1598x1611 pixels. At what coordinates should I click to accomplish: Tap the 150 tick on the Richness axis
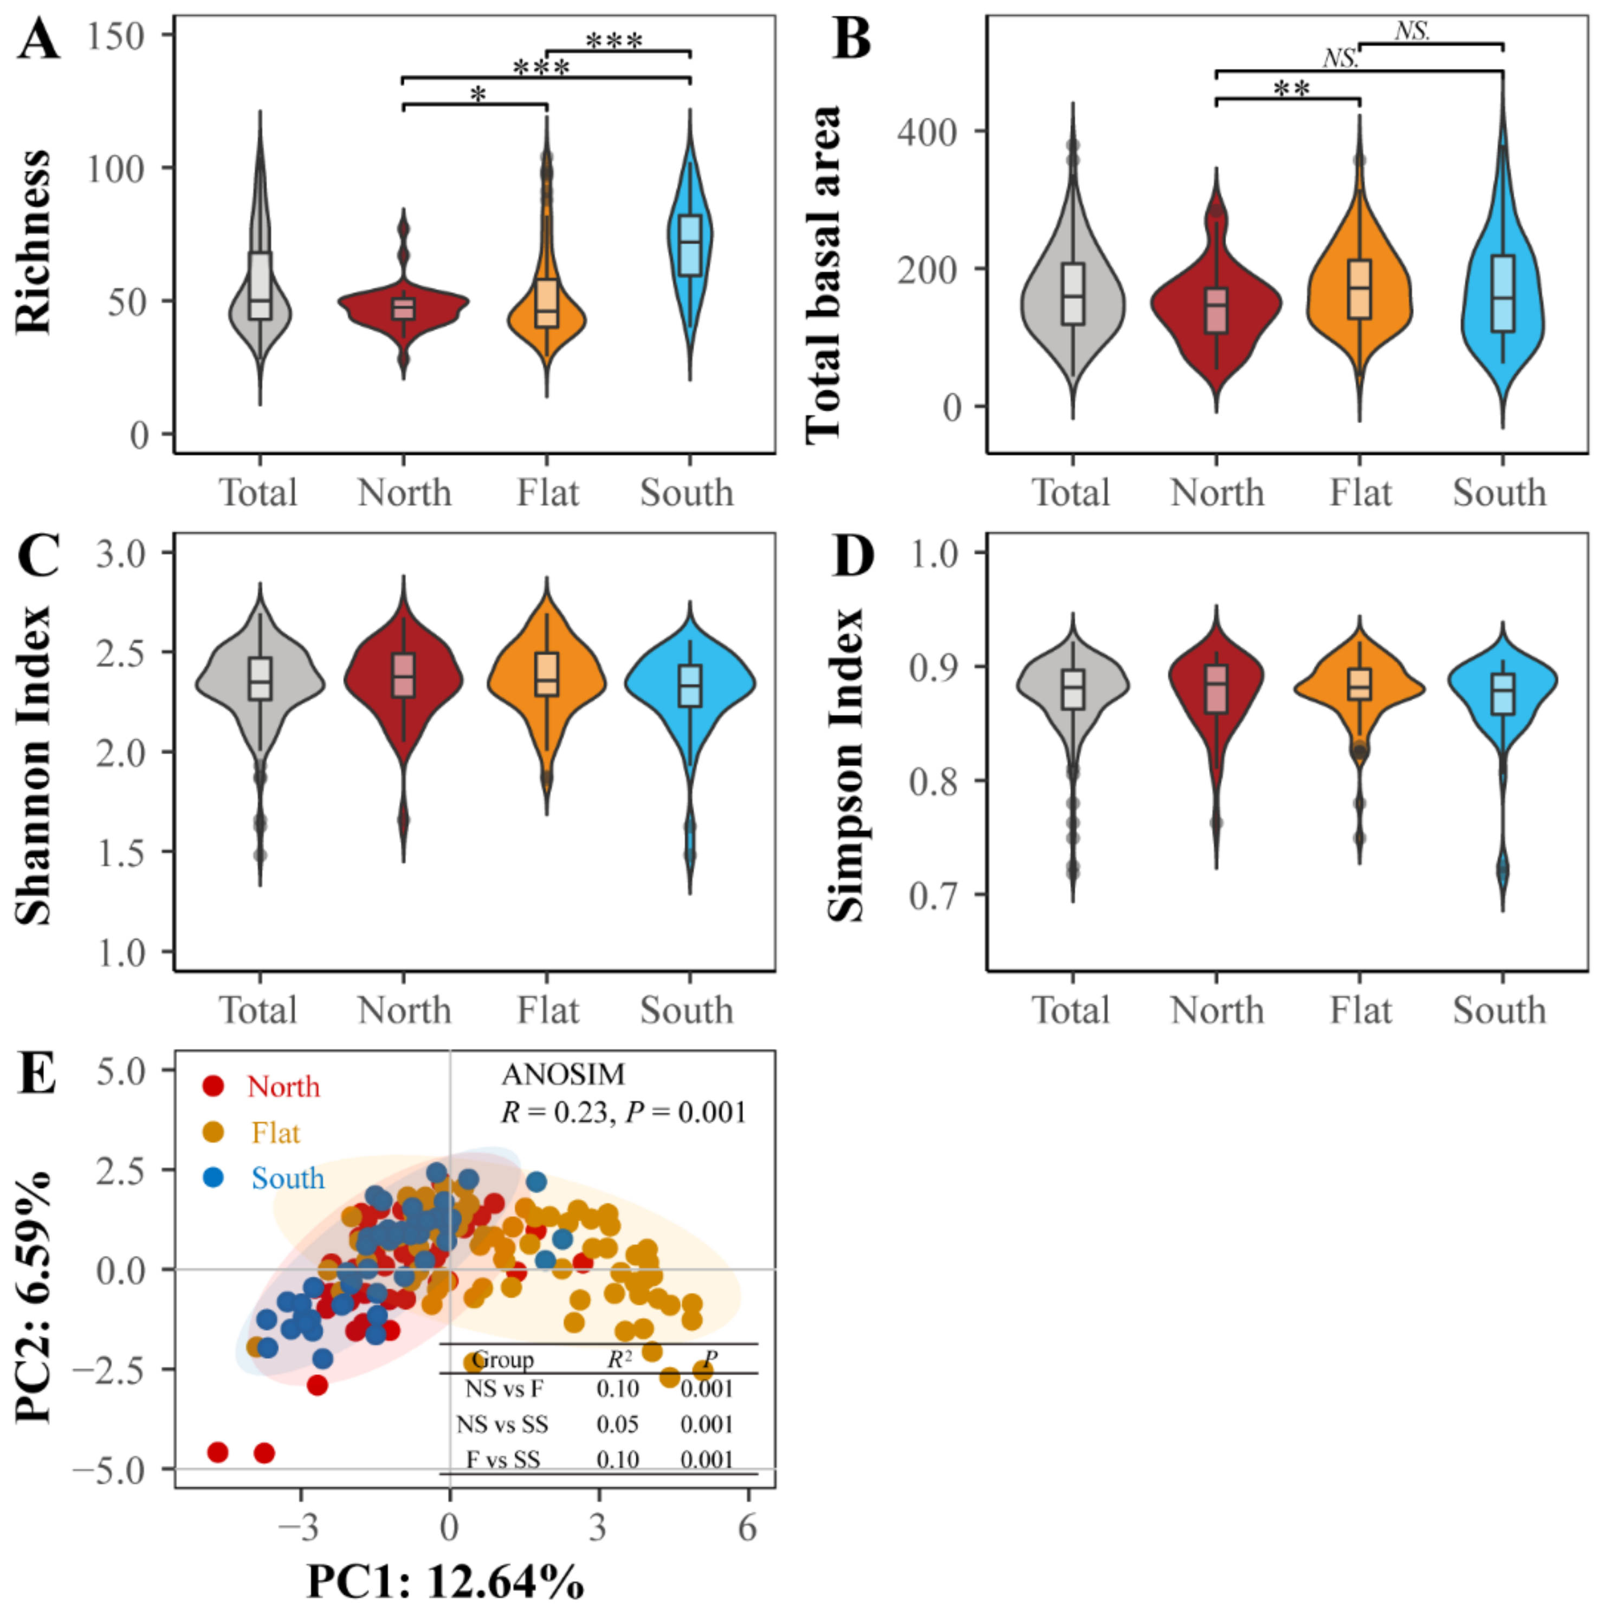tap(116, 36)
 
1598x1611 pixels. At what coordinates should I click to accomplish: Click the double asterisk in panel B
tap(1292, 88)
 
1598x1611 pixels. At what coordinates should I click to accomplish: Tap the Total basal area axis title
tap(825, 275)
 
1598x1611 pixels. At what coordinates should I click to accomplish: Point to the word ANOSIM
tap(563, 1075)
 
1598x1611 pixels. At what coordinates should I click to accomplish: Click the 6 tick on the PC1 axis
tap(747, 1525)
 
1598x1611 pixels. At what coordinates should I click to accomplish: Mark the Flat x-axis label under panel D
tap(1360, 1011)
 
